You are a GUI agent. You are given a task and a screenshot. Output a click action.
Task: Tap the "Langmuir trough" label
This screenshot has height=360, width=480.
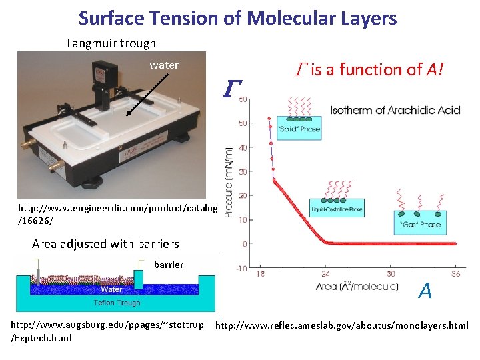(x=111, y=43)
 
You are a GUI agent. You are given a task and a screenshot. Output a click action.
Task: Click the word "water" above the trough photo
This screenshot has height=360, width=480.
(x=164, y=65)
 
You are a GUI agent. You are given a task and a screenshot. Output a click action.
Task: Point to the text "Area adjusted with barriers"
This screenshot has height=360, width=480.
(x=105, y=243)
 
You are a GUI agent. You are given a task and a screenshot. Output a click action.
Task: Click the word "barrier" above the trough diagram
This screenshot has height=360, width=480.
(x=169, y=265)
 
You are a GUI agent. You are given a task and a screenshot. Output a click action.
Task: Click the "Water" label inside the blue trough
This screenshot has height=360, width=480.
(x=111, y=289)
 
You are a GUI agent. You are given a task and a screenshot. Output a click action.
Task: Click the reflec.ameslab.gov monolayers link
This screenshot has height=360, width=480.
(x=342, y=326)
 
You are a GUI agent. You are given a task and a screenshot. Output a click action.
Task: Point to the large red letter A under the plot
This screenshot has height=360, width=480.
(x=425, y=290)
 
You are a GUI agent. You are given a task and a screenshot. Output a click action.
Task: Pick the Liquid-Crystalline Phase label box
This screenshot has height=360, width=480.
(x=336, y=209)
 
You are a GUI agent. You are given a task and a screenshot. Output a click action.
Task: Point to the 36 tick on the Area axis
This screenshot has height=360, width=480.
(x=456, y=273)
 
